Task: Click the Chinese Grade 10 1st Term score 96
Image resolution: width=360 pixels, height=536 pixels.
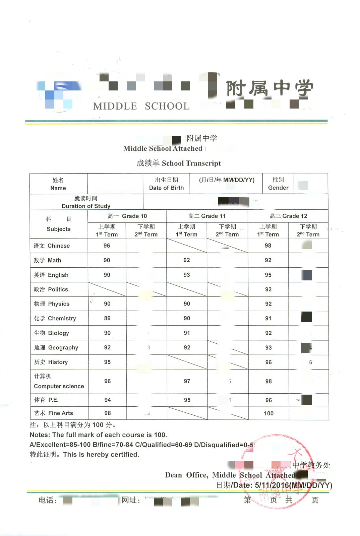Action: [107, 246]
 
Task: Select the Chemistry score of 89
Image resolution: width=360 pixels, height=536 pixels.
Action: [107, 318]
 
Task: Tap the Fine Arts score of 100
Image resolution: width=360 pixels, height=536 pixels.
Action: [268, 413]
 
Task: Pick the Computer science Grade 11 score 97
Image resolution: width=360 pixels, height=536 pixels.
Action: [187, 381]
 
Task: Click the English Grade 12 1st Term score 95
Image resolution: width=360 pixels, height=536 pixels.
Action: [268, 275]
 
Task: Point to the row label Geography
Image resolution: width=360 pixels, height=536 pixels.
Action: [56, 348]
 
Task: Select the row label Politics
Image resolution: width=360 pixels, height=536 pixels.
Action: [51, 289]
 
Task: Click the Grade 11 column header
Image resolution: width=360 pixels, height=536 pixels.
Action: [207, 216]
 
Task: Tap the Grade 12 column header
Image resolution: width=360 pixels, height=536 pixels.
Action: [288, 216]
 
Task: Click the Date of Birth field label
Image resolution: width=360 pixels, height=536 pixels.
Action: [166, 184]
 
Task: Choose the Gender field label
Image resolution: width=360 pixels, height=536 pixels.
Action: [278, 184]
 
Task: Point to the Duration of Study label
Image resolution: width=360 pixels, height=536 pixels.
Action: [86, 202]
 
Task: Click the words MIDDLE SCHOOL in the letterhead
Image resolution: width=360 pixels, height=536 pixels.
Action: [141, 106]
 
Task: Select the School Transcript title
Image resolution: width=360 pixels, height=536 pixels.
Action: [179, 163]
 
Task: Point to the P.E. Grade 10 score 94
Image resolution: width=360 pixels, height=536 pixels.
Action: [107, 400]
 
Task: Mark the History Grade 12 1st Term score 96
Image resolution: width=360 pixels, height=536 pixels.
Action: [268, 362]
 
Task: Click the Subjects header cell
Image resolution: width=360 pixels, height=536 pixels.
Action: [59, 224]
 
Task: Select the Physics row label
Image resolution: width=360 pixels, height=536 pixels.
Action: [52, 304]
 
